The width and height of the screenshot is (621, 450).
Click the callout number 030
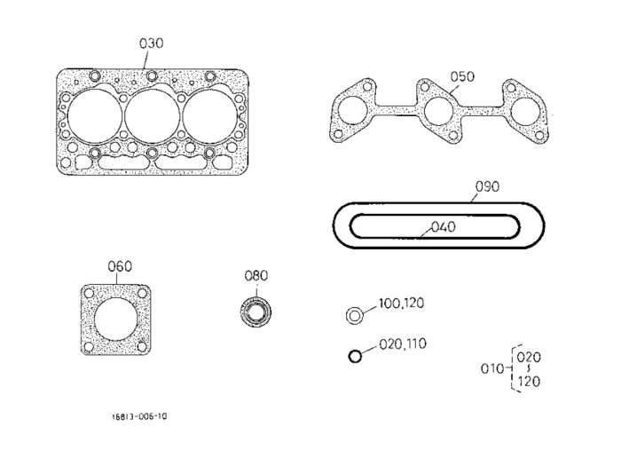[x=152, y=43]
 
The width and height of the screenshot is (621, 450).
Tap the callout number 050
[x=462, y=76]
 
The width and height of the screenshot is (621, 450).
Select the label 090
[x=487, y=186]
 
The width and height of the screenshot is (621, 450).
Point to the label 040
[x=444, y=227]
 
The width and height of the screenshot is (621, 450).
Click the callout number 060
[x=120, y=266]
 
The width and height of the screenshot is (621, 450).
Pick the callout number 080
[x=256, y=276]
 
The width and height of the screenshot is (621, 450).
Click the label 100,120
[x=402, y=304]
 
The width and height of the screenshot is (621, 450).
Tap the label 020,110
[x=403, y=343]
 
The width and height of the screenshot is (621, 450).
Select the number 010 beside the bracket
[x=492, y=369]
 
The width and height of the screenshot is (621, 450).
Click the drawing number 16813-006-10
[x=139, y=416]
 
